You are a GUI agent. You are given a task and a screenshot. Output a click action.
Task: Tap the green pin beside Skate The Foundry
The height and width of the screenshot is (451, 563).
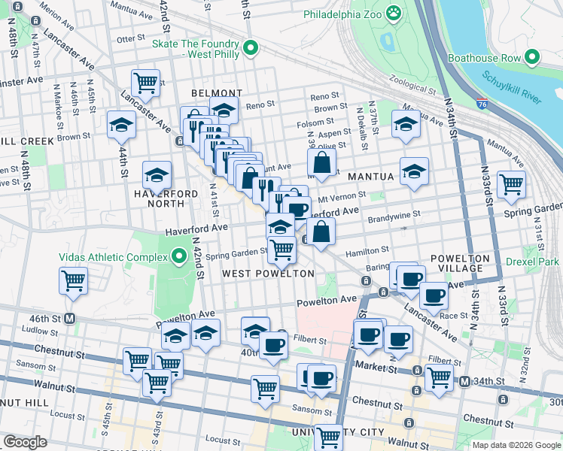(x=253, y=50)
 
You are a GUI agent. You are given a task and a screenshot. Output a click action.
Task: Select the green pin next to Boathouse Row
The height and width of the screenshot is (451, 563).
(x=533, y=57)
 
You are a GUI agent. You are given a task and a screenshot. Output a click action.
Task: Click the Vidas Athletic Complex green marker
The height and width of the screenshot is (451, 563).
(x=179, y=258)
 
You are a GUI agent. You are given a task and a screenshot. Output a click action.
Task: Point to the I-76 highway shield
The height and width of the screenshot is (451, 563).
(x=481, y=99)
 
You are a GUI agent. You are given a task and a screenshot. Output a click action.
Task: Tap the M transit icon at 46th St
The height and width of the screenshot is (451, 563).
(x=70, y=318)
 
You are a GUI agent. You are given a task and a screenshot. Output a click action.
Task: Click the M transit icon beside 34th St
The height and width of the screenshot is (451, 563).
(x=466, y=380)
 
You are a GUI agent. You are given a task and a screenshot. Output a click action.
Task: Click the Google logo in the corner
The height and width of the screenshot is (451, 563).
(x=24, y=442)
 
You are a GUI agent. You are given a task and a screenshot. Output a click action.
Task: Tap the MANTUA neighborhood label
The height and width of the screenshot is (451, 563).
(x=371, y=176)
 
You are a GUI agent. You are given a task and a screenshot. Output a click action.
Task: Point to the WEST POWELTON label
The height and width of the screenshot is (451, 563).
(x=269, y=274)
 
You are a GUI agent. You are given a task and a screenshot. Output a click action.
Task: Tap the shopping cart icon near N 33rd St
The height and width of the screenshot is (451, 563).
(x=511, y=183)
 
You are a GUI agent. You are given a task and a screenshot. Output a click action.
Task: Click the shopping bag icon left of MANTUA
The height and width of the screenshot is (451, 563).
(x=321, y=162)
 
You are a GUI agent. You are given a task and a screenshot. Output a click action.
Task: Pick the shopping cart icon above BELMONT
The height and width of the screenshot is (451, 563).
(x=145, y=83)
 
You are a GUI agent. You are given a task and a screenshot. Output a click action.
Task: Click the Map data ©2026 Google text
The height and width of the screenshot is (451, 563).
(x=516, y=444)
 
